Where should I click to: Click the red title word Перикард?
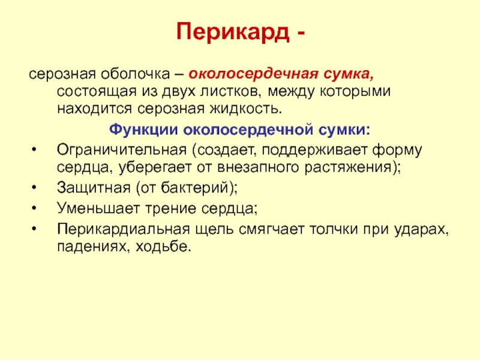click(x=233, y=32)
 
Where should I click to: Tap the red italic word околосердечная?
click(x=253, y=74)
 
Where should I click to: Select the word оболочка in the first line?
click(x=136, y=74)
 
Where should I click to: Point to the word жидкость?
click(x=245, y=109)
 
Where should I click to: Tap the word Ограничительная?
click(x=122, y=149)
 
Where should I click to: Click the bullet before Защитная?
click(x=34, y=187)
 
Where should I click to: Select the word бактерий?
click(x=196, y=187)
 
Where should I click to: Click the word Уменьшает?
click(x=98, y=208)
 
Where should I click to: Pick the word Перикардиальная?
click(x=124, y=229)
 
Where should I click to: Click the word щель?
click(x=214, y=230)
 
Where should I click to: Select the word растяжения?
click(x=348, y=167)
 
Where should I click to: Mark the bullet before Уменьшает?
click(x=34, y=208)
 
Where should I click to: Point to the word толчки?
click(x=334, y=229)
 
